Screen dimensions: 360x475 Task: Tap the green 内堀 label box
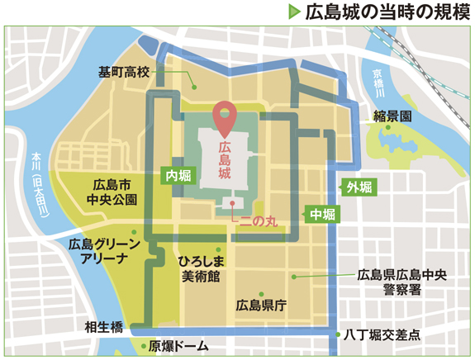(x=177, y=175)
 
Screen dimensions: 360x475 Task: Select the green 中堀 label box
(x=321, y=214)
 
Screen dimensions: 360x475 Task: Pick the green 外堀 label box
(x=360, y=187)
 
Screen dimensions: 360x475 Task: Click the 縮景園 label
(x=392, y=117)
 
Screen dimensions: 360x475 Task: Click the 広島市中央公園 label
(x=113, y=192)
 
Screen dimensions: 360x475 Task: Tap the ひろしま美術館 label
(x=199, y=268)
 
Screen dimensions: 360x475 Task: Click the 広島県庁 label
(x=260, y=306)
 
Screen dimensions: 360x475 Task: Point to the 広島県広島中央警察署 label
(x=401, y=282)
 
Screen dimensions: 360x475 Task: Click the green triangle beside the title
(x=294, y=12)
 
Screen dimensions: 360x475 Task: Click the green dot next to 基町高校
(x=192, y=85)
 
